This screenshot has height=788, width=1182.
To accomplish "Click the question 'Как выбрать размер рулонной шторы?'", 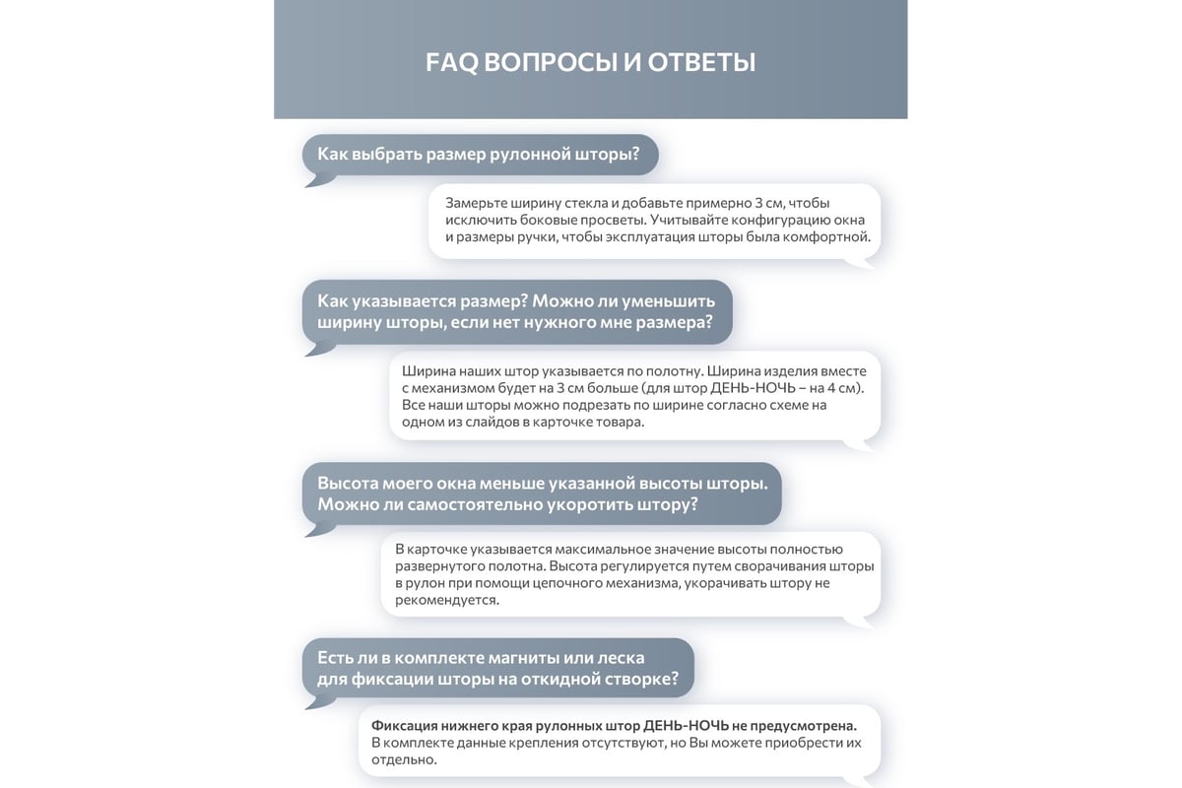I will tap(478, 155).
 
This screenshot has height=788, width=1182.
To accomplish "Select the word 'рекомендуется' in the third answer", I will tap(446, 600).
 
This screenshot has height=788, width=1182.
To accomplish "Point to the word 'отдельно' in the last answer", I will tap(403, 759).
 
